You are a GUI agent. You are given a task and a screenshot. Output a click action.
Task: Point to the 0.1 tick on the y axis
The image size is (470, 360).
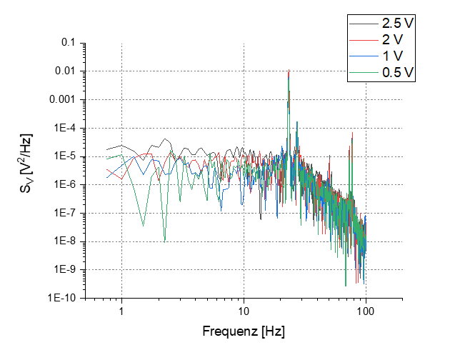point(69,43)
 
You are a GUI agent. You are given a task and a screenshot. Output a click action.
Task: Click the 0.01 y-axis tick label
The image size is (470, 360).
point(66,71)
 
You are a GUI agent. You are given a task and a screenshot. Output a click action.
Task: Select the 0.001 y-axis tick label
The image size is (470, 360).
point(63,99)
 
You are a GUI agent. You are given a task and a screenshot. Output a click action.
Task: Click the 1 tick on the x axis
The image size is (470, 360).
point(121,311)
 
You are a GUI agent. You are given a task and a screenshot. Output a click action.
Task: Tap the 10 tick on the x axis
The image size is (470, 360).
point(244,311)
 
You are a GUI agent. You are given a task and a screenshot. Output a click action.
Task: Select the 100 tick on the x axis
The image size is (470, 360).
point(366,311)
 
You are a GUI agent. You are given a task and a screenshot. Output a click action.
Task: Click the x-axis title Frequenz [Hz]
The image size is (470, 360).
point(244,333)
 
